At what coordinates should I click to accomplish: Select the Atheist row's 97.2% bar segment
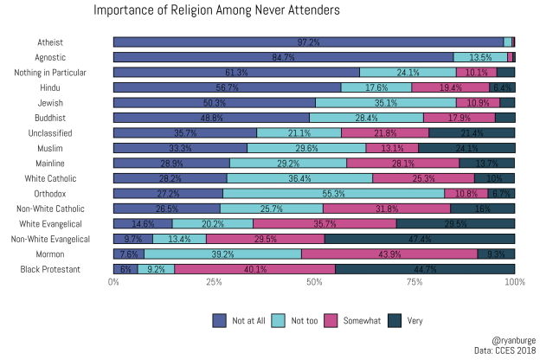coord(308,42)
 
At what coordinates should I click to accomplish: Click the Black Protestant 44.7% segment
coord(425,269)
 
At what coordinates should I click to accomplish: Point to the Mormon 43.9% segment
coord(389,254)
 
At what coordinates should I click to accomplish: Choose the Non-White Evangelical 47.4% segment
coord(420,239)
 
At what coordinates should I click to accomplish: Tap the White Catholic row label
coord(55,178)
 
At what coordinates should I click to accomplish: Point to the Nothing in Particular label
coord(50,72)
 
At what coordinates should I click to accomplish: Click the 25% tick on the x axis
coord(214,282)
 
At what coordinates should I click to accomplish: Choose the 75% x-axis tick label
coord(415,282)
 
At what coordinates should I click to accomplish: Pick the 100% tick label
coord(514,282)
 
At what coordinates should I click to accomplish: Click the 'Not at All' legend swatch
coord(219,320)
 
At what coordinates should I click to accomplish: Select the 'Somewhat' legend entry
coord(346,320)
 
